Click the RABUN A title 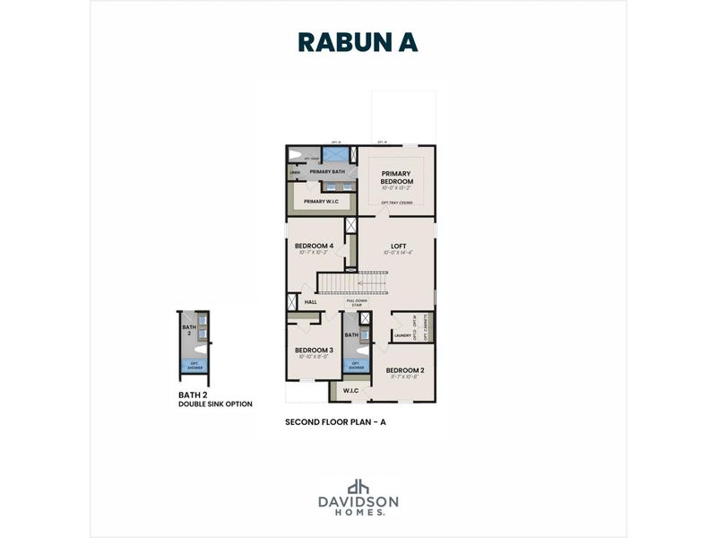click(x=358, y=42)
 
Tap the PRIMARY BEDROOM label click(x=396, y=177)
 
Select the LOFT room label click(x=399, y=246)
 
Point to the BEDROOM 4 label click(x=315, y=246)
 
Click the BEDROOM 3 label click(x=315, y=350)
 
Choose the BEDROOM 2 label click(x=405, y=370)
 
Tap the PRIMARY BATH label click(x=327, y=171)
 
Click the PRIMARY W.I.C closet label click(x=321, y=202)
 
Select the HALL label click(x=311, y=302)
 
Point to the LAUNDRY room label click(x=402, y=335)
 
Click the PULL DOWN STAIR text click(x=357, y=303)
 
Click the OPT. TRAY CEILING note click(x=396, y=203)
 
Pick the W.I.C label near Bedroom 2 click(x=350, y=390)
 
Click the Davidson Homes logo click(x=358, y=497)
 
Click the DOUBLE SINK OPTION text click(x=215, y=404)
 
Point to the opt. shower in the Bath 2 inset click(x=193, y=364)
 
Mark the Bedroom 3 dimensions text click(x=315, y=357)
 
